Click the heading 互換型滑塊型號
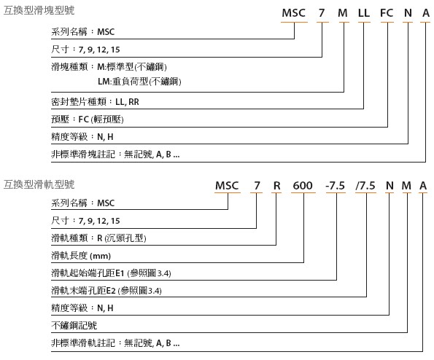(39, 10)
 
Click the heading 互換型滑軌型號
(39, 184)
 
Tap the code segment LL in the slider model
(364, 13)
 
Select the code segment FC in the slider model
(387, 13)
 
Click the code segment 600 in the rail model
(303, 186)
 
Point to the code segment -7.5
(336, 186)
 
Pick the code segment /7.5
(365, 186)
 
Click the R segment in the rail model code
(276, 186)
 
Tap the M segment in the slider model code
(343, 13)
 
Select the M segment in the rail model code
(406, 186)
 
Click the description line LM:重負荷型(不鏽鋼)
(139, 82)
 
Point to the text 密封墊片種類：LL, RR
(95, 102)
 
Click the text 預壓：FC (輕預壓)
(88, 120)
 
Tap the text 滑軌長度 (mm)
(81, 256)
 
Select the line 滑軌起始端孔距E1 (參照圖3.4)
(111, 273)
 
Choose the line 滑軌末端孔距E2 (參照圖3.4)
(106, 291)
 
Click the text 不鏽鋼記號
(74, 326)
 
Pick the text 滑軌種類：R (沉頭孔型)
(98, 238)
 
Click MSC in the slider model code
(294, 13)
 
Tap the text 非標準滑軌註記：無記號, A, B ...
(115, 343)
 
